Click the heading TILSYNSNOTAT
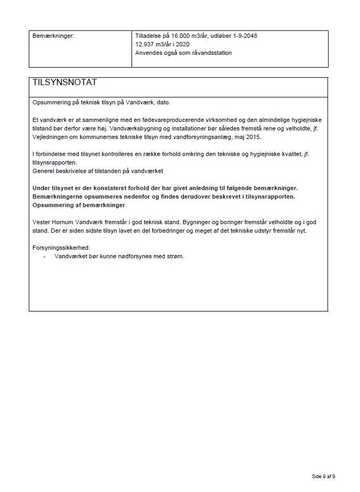pos(64,83)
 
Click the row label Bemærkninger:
pos(53,36)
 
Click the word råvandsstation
pos(211,53)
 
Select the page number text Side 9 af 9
pos(323,476)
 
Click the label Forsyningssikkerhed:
pos(61,248)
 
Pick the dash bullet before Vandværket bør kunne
pos(44,256)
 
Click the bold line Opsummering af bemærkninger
pos(78,205)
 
